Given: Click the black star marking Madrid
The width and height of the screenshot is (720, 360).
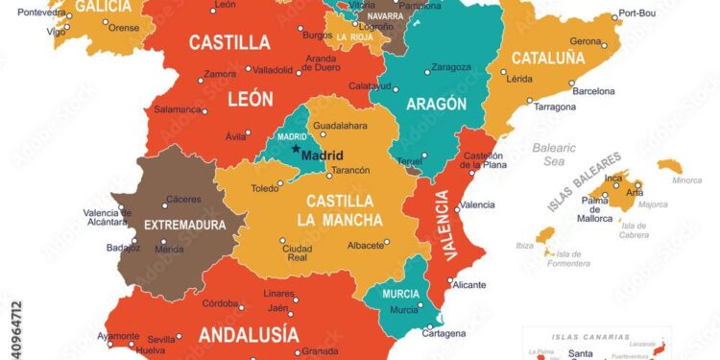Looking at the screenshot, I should click(295, 150).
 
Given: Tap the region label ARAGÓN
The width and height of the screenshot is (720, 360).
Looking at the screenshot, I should click(436, 104).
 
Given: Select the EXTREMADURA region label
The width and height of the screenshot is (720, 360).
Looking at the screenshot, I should click(184, 226).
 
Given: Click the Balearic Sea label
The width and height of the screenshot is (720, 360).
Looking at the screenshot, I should click(555, 155).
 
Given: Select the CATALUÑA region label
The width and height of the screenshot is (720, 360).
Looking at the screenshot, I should click(547, 58).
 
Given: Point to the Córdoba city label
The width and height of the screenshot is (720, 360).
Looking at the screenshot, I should click(221, 303).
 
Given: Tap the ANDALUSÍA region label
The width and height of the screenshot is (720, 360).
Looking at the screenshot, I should click(248, 334).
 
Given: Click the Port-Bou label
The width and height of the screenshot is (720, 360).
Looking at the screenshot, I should click(636, 12).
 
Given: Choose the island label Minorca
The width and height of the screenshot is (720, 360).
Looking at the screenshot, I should click(686, 180).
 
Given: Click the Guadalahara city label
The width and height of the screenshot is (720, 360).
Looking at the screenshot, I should click(342, 125).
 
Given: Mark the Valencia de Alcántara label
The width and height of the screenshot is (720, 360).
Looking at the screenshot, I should click(106, 217).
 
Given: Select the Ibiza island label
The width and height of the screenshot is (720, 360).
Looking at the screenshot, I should click(524, 246).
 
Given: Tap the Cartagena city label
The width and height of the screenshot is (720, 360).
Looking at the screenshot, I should click(444, 333).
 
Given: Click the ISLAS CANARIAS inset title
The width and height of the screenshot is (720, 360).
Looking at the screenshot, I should click(591, 338).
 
